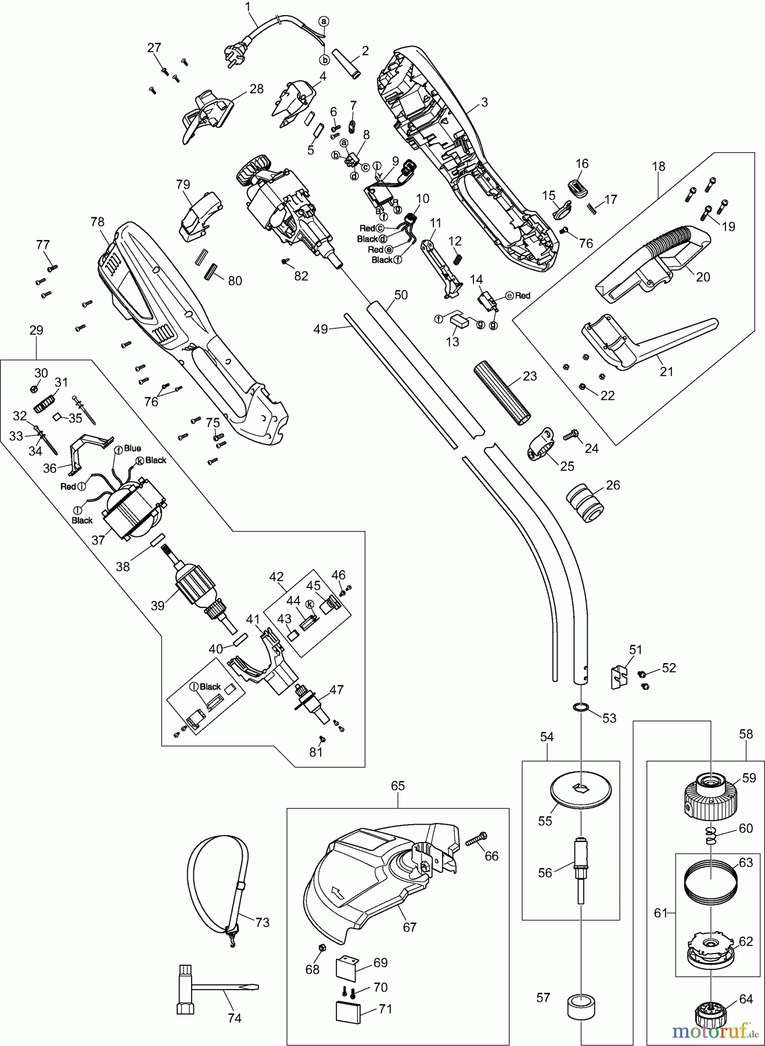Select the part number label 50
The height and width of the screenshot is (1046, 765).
[401, 295]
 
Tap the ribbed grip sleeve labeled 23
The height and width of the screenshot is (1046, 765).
[503, 393]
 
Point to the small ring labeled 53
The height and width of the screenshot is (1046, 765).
[581, 707]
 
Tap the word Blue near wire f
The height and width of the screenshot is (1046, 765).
[132, 448]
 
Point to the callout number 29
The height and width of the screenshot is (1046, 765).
[36, 330]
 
